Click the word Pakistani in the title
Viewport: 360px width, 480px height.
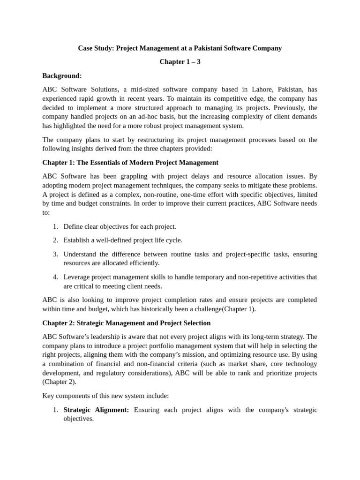tap(202, 48)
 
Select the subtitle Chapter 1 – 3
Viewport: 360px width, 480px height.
tap(180, 62)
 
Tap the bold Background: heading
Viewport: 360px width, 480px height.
tap(62, 75)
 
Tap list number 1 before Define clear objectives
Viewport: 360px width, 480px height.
tap(55, 227)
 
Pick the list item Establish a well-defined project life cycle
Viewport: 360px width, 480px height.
tap(123, 240)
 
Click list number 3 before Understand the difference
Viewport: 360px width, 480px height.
tap(55, 254)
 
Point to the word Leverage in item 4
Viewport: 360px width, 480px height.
tap(77, 277)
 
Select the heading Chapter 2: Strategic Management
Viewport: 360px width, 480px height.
tap(126, 323)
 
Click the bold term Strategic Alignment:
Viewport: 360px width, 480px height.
tap(96, 410)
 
